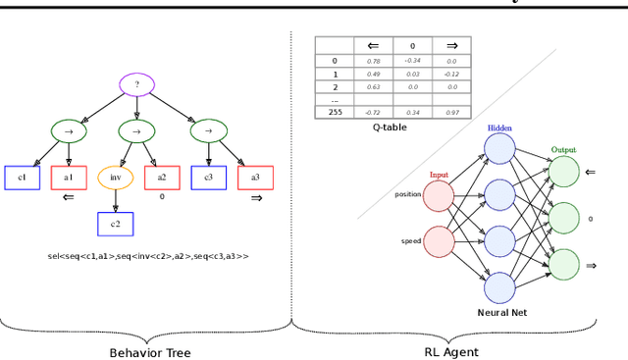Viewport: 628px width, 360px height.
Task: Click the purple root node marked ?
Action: pyautogui.click(x=137, y=85)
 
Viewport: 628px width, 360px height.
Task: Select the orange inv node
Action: pyautogui.click(x=115, y=178)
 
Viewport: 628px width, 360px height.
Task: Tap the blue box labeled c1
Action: pyautogui.click(x=22, y=178)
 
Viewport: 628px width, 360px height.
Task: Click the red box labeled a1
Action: pyautogui.click(x=68, y=178)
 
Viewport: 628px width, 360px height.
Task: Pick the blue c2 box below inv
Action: pyautogui.click(x=115, y=224)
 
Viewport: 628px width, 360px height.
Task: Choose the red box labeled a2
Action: pyautogui.click(x=162, y=178)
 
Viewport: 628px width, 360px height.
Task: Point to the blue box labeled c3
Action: pyautogui.click(x=208, y=178)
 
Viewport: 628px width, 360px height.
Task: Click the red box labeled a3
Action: pyautogui.click(x=255, y=178)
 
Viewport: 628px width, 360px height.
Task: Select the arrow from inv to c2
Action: pyautogui.click(x=115, y=201)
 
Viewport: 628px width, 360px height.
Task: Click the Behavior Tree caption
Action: pyautogui.click(x=149, y=352)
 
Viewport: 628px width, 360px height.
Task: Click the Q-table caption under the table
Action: pyautogui.click(x=392, y=127)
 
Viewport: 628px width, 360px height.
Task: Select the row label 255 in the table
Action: pyautogui.click(x=334, y=113)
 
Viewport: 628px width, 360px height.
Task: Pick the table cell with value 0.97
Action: pyautogui.click(x=450, y=113)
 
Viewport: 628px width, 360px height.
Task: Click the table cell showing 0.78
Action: pyautogui.click(x=373, y=61)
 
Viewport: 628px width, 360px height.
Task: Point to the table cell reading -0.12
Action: pyautogui.click(x=450, y=74)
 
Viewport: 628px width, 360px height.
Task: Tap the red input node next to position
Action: pyautogui.click(x=439, y=195)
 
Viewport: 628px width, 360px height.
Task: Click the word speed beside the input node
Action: pyautogui.click(x=410, y=241)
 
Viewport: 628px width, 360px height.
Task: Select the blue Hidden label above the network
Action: pyautogui.click(x=499, y=128)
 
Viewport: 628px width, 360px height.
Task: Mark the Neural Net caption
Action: pyautogui.click(x=501, y=312)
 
